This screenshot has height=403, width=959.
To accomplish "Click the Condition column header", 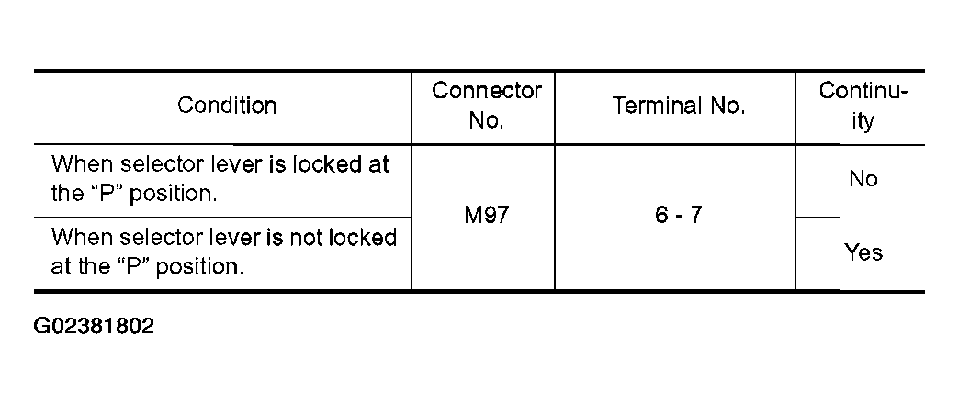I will click(x=227, y=106).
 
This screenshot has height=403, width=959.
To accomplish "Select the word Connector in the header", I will click(x=487, y=91).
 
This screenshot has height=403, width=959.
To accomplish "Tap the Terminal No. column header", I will click(x=678, y=106).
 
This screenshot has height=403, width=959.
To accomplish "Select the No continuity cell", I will click(x=863, y=179).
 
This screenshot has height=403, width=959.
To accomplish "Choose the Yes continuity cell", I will click(x=863, y=252).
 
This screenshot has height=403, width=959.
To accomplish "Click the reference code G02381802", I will click(x=94, y=327).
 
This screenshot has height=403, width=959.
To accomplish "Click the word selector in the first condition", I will click(x=144, y=164).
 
